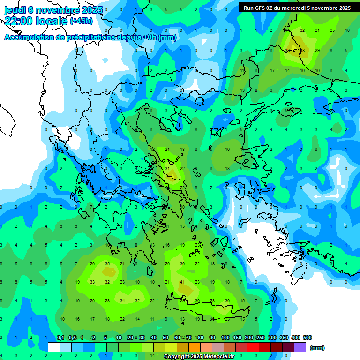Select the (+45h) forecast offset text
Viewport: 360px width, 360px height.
pyautogui.click(x=81, y=21)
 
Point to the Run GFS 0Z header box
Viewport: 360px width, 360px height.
pyautogui.click(x=297, y=8)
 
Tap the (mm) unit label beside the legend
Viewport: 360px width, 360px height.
pyautogui.click(x=317, y=348)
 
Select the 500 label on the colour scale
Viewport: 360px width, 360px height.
pyautogui.click(x=307, y=337)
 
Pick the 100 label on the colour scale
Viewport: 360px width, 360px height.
pyautogui.click(x=225, y=337)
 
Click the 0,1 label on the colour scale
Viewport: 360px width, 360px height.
pyautogui.click(x=60, y=337)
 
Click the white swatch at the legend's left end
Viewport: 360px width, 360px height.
pyautogui.click(x=54, y=347)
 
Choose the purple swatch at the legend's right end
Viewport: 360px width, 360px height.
pyautogui.click(x=300, y=347)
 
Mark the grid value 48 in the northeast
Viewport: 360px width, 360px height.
pyautogui.click(x=302, y=50)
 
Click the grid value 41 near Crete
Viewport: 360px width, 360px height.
pyautogui.click(x=183, y=282)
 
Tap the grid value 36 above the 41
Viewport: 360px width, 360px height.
pyautogui.click(x=183, y=264)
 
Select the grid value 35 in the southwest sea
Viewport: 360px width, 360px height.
pyautogui.click(x=107, y=264)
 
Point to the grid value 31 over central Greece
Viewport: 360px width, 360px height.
pyautogui.click(x=167, y=168)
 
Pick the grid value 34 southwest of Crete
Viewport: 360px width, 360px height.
pyautogui.click(x=122, y=301)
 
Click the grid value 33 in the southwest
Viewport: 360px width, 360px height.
pyautogui.click(x=92, y=282)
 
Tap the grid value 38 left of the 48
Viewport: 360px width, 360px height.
pyautogui.click(x=287, y=50)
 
